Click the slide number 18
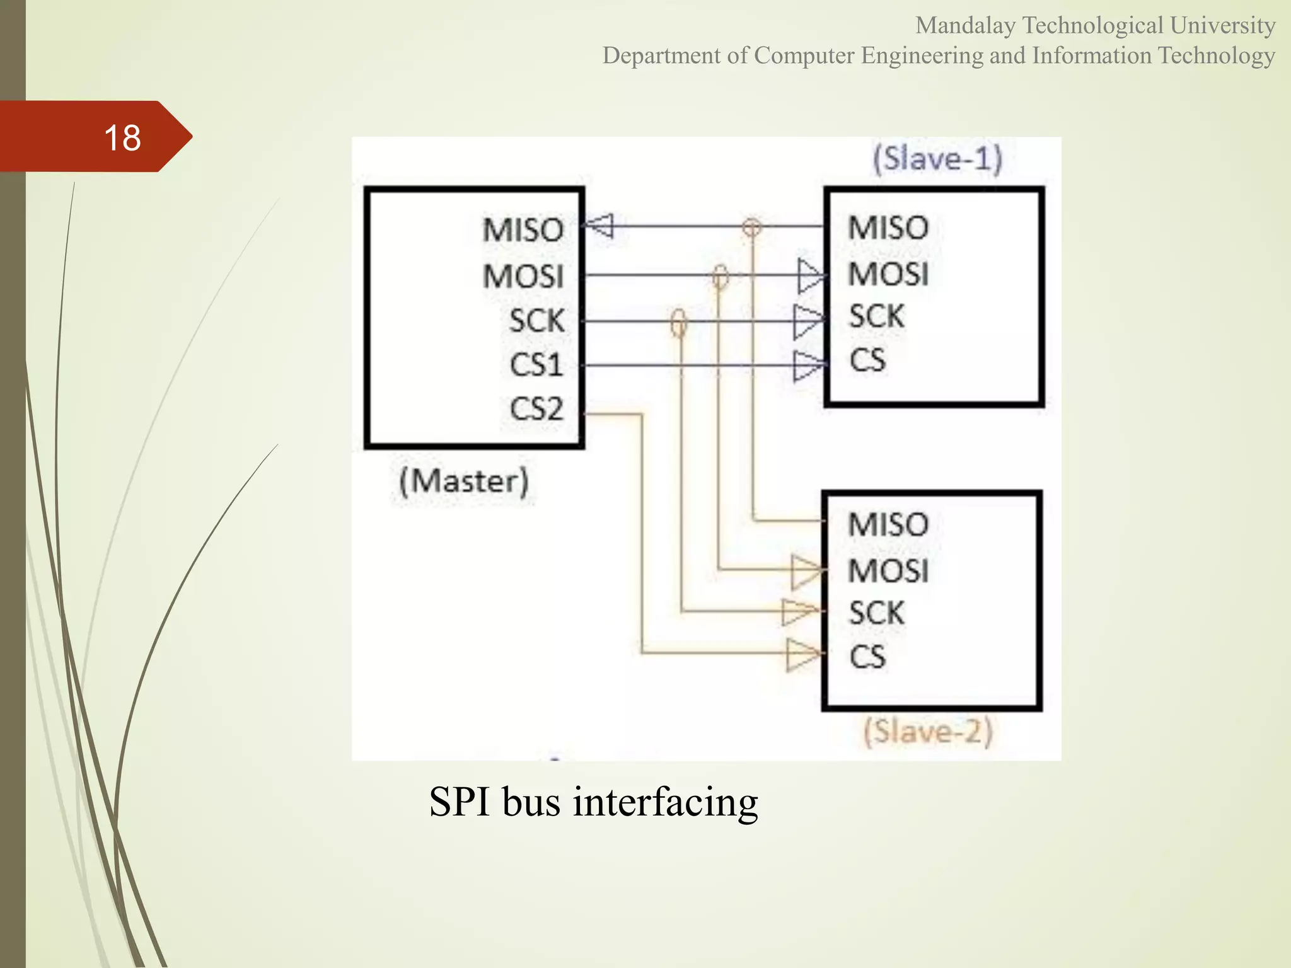(122, 137)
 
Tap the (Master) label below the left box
(464, 482)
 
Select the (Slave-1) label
(937, 158)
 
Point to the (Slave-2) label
(928, 732)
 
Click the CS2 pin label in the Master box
(536, 409)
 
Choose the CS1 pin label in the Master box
(536, 365)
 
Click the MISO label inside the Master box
(523, 230)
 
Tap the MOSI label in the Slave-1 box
(888, 274)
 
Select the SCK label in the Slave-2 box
(876, 613)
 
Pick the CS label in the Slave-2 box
(867, 657)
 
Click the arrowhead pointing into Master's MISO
(599, 226)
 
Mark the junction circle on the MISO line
(751, 227)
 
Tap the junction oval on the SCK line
(678, 323)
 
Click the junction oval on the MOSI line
(720, 276)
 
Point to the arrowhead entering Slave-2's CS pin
(804, 655)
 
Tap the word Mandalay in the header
(965, 26)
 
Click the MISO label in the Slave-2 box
(888, 525)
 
